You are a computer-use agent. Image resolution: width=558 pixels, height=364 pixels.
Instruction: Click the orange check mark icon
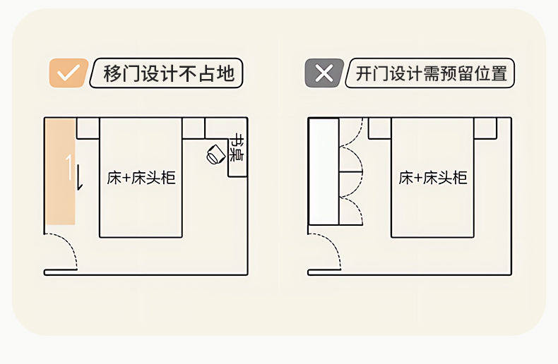[68, 73]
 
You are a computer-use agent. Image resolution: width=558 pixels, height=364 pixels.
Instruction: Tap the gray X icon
[323, 73]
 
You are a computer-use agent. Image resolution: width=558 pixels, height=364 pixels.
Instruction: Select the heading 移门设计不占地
[168, 73]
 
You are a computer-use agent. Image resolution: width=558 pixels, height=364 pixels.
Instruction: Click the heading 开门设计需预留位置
[432, 73]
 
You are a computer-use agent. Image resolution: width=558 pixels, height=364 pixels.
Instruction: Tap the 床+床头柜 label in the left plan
[141, 178]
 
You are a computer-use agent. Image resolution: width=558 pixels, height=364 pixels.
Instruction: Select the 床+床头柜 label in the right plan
[433, 178]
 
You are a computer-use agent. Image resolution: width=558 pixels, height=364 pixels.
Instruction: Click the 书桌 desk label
[238, 147]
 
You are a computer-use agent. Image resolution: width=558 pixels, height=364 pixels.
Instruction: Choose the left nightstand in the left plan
[88, 128]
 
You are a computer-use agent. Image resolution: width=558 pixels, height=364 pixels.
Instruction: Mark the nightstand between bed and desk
[194, 128]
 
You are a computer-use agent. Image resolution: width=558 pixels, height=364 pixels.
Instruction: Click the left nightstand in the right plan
[379, 128]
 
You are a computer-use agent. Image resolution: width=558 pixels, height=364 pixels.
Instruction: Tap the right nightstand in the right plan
[485, 128]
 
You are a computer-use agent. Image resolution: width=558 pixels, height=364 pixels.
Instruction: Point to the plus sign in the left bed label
[127, 178]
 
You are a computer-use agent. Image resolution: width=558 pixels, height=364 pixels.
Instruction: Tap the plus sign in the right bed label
[419, 178]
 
